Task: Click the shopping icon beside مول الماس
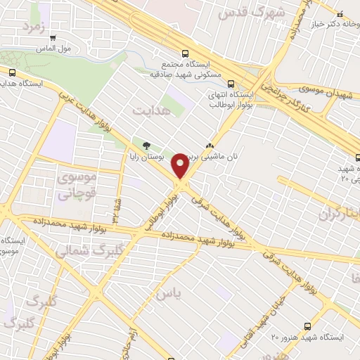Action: [x=53, y=37]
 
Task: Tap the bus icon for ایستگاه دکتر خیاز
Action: [x=340, y=13]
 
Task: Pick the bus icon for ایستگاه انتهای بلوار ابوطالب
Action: [x=231, y=83]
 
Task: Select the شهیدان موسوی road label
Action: [x=324, y=91]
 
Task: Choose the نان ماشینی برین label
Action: [x=221, y=157]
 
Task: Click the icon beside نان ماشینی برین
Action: [x=208, y=147]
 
